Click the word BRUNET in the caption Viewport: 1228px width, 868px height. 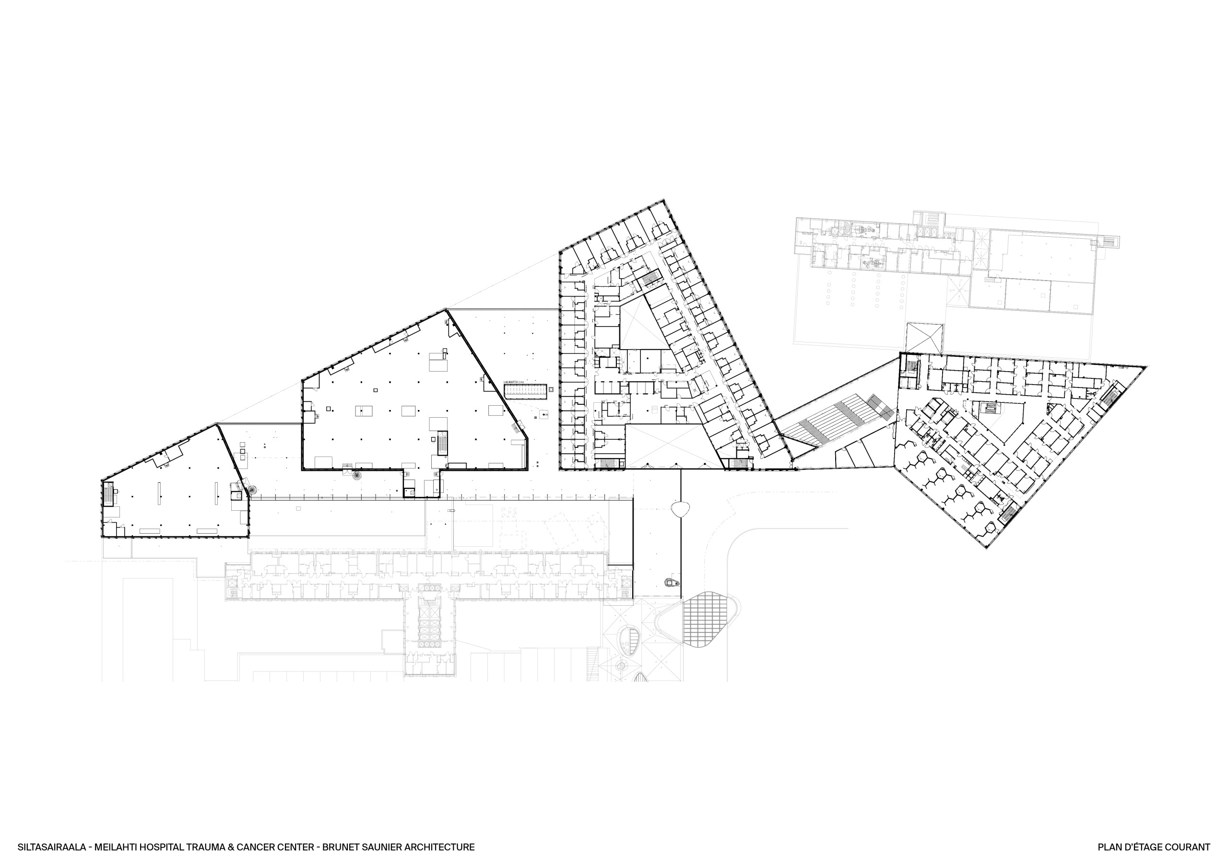pyautogui.click(x=341, y=847)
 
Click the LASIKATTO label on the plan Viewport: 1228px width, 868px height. pyautogui.click(x=513, y=382)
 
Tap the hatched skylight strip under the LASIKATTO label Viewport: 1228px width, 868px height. pyautogui.click(x=526, y=391)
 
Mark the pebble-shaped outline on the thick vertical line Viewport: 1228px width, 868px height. pyautogui.click(x=680, y=509)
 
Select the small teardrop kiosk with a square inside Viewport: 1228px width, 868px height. pyautogui.click(x=671, y=581)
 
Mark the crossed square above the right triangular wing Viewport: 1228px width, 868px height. pyautogui.click(x=925, y=338)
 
